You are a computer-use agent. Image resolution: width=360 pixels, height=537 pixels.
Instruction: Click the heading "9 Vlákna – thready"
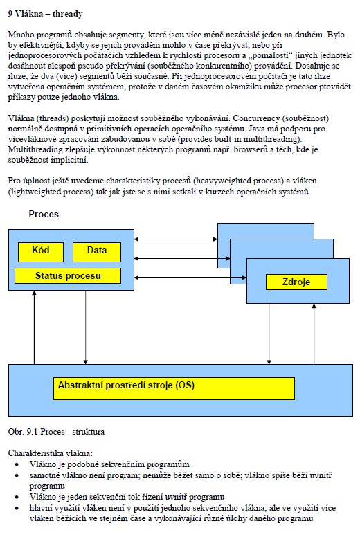(x=45, y=14)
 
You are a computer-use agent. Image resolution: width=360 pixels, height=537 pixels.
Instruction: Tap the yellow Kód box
(x=41, y=252)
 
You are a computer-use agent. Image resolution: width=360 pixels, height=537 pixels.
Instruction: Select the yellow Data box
(x=97, y=252)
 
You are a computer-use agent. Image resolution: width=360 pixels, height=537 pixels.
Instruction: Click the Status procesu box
(x=68, y=275)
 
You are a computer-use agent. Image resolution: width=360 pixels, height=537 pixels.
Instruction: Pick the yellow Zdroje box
(x=296, y=282)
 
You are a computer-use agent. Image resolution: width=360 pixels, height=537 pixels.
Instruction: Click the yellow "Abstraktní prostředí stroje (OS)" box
(x=174, y=388)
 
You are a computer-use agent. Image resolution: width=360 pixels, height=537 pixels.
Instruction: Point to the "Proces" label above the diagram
(x=44, y=214)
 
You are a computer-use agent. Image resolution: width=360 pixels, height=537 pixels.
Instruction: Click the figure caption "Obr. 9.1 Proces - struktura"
(x=56, y=432)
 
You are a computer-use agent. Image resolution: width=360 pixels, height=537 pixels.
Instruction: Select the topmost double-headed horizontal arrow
(x=176, y=239)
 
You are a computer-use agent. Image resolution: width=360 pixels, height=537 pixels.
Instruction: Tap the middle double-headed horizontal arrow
(x=183, y=258)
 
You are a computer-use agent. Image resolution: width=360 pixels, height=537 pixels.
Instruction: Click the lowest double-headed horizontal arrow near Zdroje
(x=190, y=277)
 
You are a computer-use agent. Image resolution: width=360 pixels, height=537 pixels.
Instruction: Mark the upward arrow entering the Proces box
(x=34, y=327)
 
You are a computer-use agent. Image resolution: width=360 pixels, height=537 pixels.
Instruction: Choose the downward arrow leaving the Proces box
(x=85, y=327)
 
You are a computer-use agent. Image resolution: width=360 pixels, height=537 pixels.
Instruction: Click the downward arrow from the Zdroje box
(x=269, y=334)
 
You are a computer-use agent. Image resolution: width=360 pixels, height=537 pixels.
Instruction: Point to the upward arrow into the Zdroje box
(x=314, y=334)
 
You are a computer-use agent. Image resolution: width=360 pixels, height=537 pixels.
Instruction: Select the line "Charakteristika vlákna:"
(x=51, y=453)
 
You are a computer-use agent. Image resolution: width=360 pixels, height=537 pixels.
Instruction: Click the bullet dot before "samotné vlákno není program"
(x=17, y=475)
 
